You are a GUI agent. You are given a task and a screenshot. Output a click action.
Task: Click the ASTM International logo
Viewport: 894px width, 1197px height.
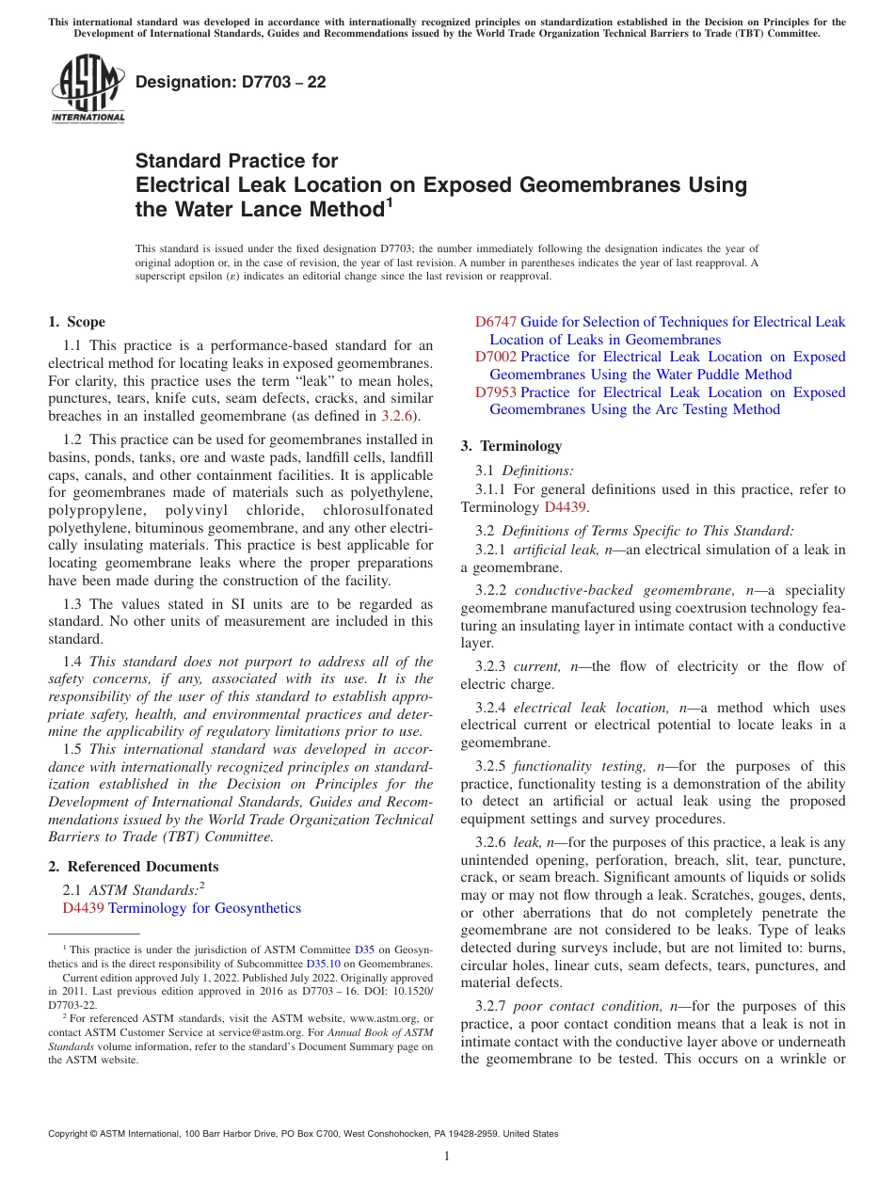tap(88, 89)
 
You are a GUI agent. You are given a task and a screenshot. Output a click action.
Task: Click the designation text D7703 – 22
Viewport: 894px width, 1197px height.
tap(231, 82)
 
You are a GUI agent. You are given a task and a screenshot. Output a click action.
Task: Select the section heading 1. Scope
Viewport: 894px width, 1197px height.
tap(76, 322)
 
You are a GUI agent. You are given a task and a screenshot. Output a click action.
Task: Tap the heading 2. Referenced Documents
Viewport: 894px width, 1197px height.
tap(134, 867)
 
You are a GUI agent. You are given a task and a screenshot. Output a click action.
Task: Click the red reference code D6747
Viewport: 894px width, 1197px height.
tap(495, 322)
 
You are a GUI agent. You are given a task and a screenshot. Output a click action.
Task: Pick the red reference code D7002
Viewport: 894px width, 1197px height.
tap(495, 357)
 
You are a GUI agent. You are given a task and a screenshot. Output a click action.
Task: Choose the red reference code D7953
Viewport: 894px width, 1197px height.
tap(495, 392)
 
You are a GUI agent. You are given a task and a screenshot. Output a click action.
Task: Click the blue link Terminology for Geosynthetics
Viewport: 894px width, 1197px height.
tap(204, 908)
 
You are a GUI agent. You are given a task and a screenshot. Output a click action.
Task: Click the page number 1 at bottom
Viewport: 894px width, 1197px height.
tap(447, 1157)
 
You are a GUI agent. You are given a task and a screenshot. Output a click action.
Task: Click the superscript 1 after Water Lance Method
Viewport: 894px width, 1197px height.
tap(389, 201)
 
